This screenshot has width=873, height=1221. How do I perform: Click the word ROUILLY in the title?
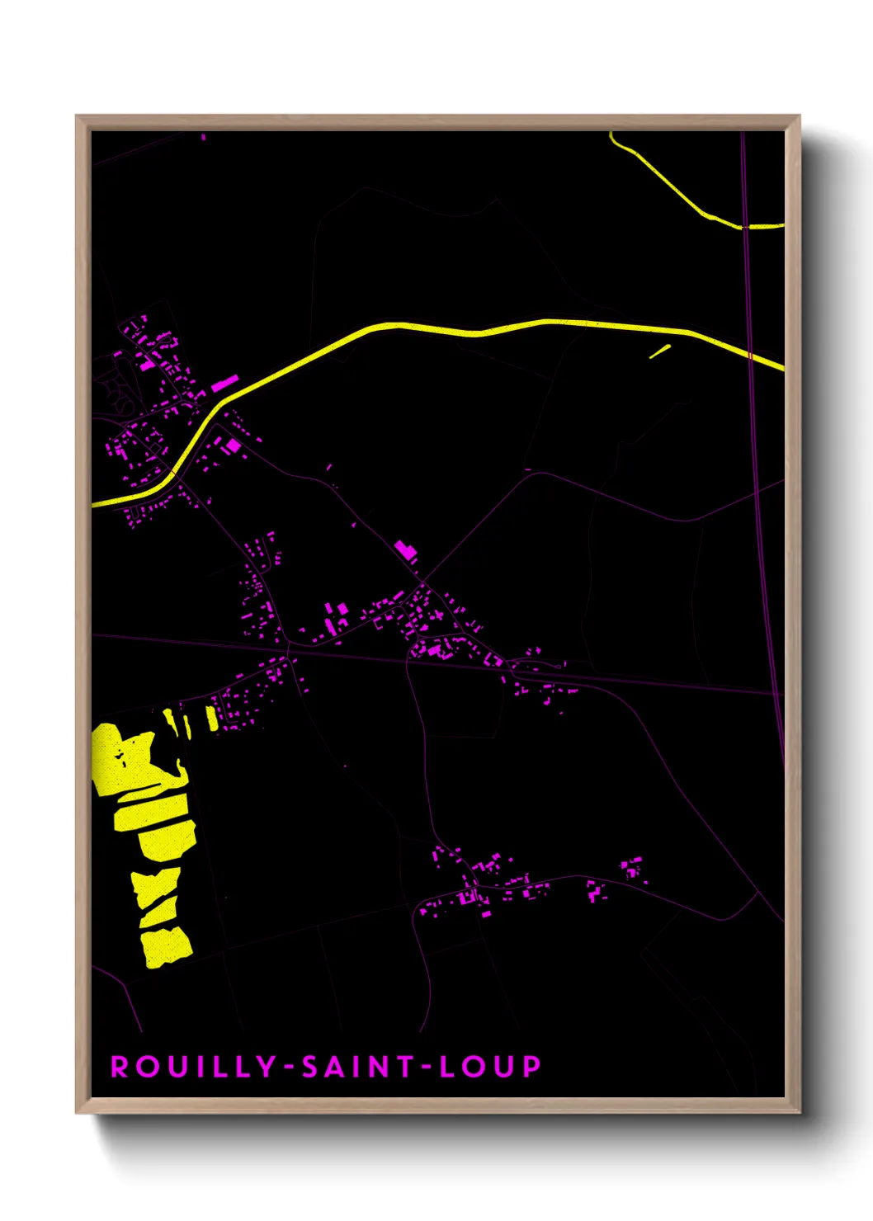[x=193, y=1066]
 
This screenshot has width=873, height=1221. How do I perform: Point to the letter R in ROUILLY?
[x=120, y=1066]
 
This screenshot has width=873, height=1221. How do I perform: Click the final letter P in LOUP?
[x=531, y=1066]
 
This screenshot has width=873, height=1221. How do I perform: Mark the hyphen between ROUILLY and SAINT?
[x=289, y=1067]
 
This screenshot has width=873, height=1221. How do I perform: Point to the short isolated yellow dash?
[x=659, y=351]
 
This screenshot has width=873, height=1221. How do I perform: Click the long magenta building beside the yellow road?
[x=224, y=382]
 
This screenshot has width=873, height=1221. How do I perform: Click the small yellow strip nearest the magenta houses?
[x=212, y=718]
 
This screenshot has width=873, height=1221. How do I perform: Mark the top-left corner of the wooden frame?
[x=78, y=117]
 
